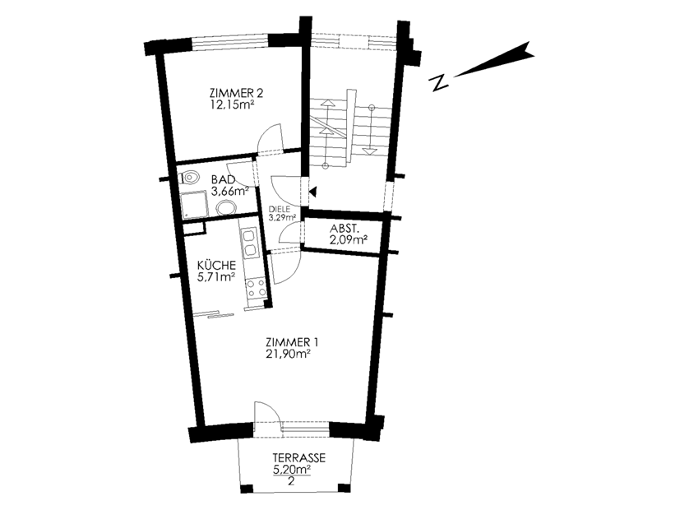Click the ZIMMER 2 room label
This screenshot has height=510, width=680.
[x=236, y=93]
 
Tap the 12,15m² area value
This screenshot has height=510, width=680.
[x=232, y=105]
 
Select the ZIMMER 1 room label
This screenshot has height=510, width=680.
[x=292, y=342]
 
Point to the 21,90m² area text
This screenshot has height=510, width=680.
[x=289, y=354]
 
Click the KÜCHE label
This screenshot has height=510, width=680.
[x=216, y=265]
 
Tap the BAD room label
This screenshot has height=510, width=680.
[x=223, y=179]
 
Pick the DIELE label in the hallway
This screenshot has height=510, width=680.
[x=280, y=209]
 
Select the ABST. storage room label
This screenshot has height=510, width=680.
[x=345, y=229]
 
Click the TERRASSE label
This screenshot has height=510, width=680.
[x=298, y=457]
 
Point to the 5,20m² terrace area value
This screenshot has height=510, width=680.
[x=291, y=469]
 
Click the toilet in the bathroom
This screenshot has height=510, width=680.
[x=189, y=177]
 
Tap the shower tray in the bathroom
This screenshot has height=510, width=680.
[x=194, y=204]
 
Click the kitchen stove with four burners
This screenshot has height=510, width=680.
[x=256, y=289]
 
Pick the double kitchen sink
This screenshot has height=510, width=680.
[x=249, y=243]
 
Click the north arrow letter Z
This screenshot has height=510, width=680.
[x=438, y=82]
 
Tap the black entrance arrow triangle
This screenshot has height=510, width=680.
[x=313, y=191]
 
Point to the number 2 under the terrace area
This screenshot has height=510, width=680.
[x=291, y=481]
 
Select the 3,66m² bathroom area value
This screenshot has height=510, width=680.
[x=230, y=191]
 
